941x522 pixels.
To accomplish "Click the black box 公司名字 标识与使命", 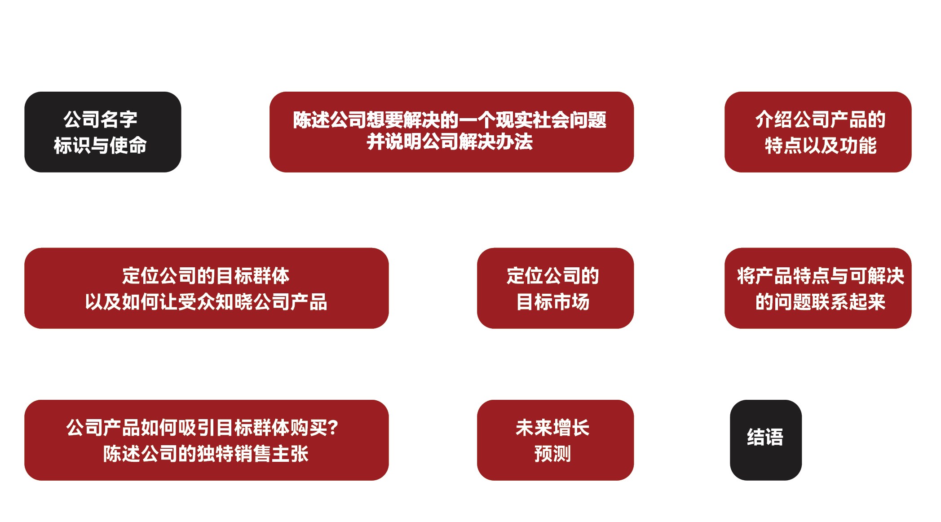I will [x=102, y=132].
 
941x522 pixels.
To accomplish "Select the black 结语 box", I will [x=765, y=440].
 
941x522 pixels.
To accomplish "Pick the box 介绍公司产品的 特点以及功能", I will [x=818, y=132].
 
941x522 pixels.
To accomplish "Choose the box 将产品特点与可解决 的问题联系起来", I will [x=818, y=288].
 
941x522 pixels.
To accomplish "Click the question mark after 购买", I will [x=333, y=428].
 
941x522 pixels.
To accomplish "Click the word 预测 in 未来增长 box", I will [x=552, y=454].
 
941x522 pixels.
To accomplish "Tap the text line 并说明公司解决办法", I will [x=450, y=142].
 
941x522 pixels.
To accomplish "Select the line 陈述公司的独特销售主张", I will [x=206, y=454].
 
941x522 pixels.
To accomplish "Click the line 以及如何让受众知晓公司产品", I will [x=206, y=302].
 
